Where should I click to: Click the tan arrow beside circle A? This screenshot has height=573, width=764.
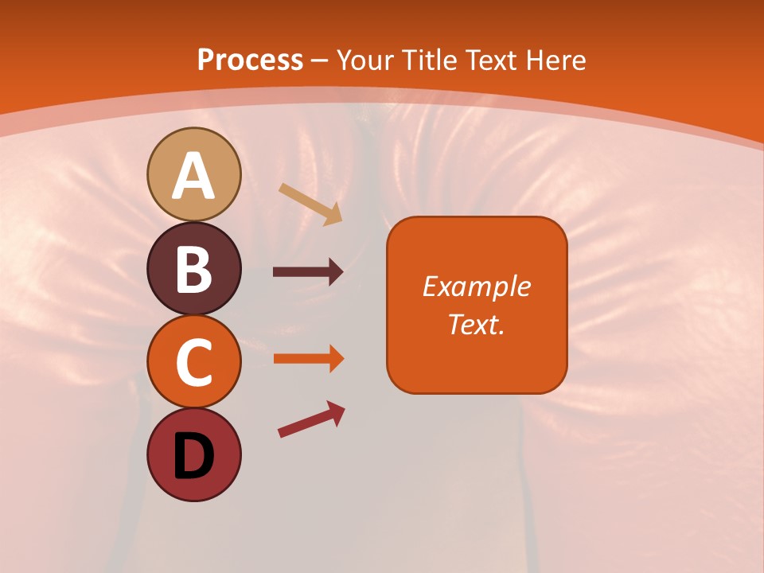310,204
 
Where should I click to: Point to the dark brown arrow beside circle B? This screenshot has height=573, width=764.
308,272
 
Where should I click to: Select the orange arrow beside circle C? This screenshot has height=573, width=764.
308,358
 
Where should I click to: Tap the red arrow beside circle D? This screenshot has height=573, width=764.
311,419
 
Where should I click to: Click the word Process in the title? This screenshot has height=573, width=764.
250,60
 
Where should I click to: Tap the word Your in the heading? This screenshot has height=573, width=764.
367,60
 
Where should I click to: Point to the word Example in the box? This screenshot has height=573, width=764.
476,286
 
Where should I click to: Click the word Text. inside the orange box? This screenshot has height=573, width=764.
476,324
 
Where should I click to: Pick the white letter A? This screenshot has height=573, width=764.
193,177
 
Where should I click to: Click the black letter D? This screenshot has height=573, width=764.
193,457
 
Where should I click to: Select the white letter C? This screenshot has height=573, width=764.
193,363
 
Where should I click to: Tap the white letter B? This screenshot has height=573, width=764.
193,269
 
